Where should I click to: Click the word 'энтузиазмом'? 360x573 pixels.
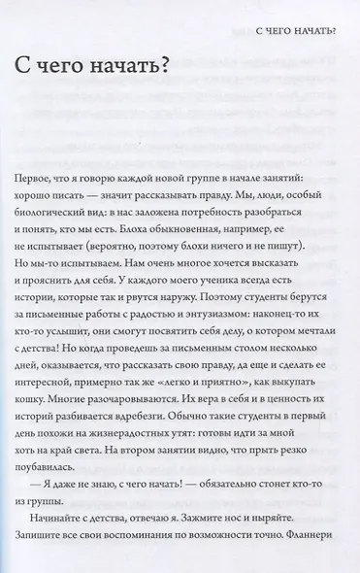point(215,367)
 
